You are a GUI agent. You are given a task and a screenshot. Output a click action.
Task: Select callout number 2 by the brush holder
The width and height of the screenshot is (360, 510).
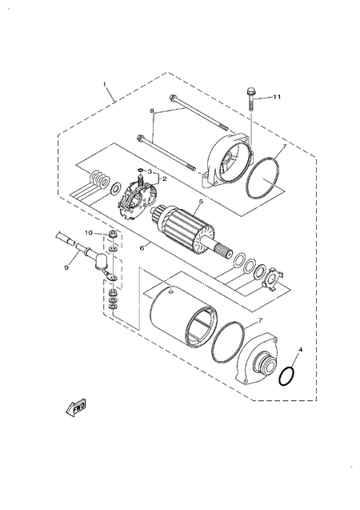pos(164,179)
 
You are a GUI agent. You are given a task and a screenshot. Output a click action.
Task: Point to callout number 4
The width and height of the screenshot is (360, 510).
pos(300,350)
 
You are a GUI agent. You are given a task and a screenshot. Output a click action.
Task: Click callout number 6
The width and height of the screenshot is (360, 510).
pos(142,248)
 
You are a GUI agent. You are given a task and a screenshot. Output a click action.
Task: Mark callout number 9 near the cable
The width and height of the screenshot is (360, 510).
pos(66,267)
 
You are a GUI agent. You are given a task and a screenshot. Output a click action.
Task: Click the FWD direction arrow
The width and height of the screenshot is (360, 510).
pos(69,412)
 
